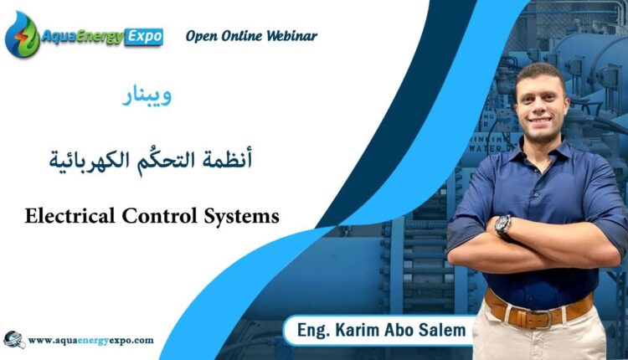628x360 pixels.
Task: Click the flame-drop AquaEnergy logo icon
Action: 22,35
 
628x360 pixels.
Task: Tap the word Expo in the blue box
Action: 144,37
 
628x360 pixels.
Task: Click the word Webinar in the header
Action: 291,36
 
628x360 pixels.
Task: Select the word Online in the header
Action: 242,36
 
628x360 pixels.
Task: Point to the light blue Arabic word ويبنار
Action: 147,96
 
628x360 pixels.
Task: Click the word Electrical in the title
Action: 69,216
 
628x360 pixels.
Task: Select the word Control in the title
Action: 159,216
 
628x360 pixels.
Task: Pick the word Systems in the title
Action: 241,217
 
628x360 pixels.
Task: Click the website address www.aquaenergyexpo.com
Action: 91,341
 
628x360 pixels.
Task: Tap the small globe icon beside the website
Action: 14,340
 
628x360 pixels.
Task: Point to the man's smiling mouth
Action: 539,120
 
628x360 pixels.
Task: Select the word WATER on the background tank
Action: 485,148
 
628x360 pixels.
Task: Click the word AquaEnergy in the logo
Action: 83,37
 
